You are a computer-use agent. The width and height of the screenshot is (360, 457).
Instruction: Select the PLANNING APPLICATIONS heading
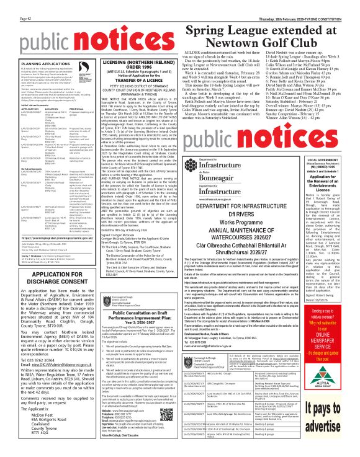(x=28, y=63)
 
